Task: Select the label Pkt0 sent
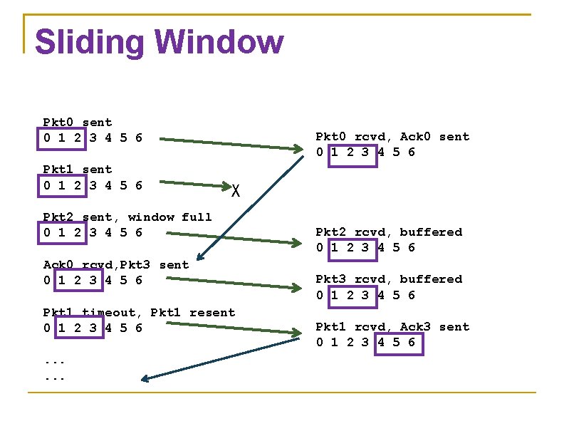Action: click(78, 123)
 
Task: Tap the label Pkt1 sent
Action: click(78, 170)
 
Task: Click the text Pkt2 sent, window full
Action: click(127, 217)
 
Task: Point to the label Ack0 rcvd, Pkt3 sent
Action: click(116, 264)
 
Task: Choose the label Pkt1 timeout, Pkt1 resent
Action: click(139, 312)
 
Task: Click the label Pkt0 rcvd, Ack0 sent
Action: click(392, 137)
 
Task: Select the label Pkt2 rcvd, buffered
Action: click(389, 232)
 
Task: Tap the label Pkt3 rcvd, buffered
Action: click(389, 279)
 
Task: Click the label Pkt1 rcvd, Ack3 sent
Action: click(392, 327)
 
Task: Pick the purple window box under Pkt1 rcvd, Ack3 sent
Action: click(399, 343)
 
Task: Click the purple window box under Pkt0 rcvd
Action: click(352, 152)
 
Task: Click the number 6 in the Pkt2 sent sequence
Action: click(138, 233)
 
